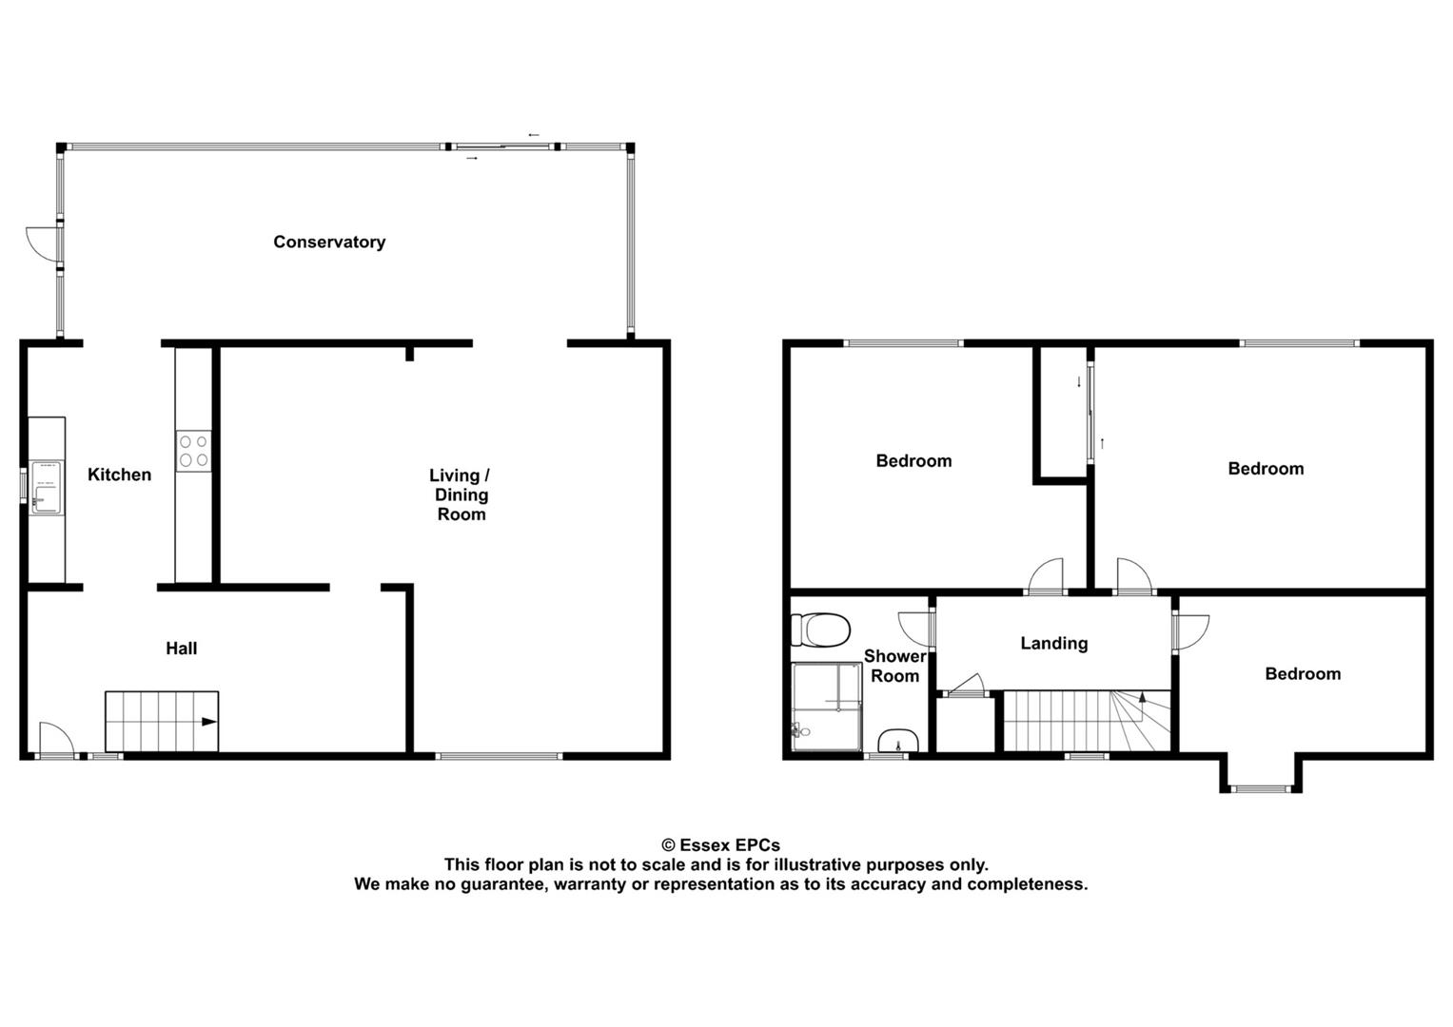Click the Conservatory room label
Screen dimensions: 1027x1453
[x=329, y=242]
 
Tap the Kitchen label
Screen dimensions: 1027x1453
[x=119, y=475]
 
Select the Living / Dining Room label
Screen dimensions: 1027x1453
[x=461, y=494]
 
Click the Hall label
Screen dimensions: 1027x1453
[x=181, y=649]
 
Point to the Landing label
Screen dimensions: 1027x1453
[x=1053, y=644]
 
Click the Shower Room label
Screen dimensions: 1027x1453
[x=894, y=667]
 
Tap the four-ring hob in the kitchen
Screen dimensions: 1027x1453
[x=193, y=451]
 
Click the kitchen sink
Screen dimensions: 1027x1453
[x=45, y=487]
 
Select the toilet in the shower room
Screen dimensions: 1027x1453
[x=821, y=629]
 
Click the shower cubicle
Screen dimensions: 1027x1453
[x=827, y=706]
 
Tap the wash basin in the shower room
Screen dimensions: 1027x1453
[x=897, y=741]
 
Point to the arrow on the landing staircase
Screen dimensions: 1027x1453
[x=1143, y=700]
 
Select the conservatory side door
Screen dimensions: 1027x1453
[x=43, y=243]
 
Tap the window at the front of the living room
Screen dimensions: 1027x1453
[x=500, y=756]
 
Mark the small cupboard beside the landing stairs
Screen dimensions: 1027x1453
[x=965, y=725]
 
